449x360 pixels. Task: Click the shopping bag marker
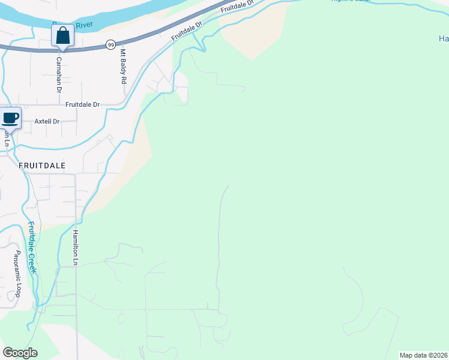(62, 36)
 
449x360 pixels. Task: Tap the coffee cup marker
(10, 118)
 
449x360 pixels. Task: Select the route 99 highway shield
(110, 44)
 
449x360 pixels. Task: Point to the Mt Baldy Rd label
(124, 67)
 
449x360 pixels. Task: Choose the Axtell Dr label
(47, 121)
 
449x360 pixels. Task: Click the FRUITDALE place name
(41, 165)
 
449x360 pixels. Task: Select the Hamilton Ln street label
(76, 247)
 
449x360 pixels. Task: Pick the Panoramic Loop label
(18, 274)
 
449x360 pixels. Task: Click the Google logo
(20, 353)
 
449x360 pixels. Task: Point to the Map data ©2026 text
(424, 355)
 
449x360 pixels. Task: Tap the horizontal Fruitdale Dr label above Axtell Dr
(82, 104)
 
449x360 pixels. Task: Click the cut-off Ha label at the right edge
(443, 39)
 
